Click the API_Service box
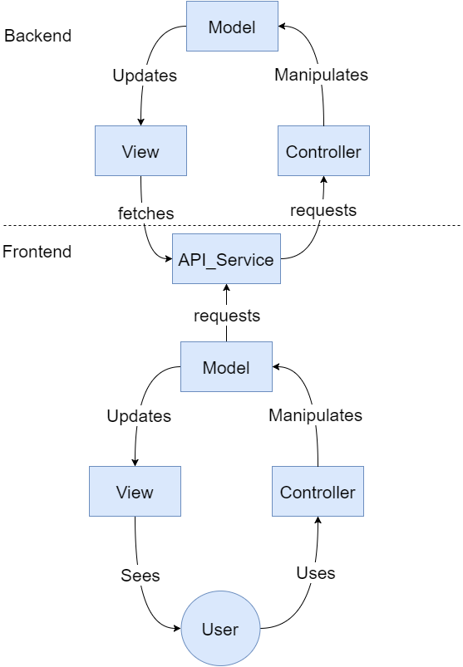(x=226, y=259)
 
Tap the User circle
(x=220, y=629)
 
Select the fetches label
(x=146, y=213)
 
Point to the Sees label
(x=140, y=575)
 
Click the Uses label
(x=315, y=572)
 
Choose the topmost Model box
(x=231, y=27)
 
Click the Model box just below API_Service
(x=226, y=367)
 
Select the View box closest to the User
(x=135, y=492)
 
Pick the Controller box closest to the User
(x=318, y=492)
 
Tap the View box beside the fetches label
(x=140, y=151)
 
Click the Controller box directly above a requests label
(x=323, y=151)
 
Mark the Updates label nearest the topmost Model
(x=145, y=76)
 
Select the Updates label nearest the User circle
(x=139, y=416)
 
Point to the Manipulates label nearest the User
(x=315, y=414)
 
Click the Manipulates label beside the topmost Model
(x=321, y=75)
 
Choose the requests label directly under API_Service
(x=227, y=316)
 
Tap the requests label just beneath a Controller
(x=323, y=210)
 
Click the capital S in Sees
(x=126, y=575)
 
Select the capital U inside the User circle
(x=207, y=629)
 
